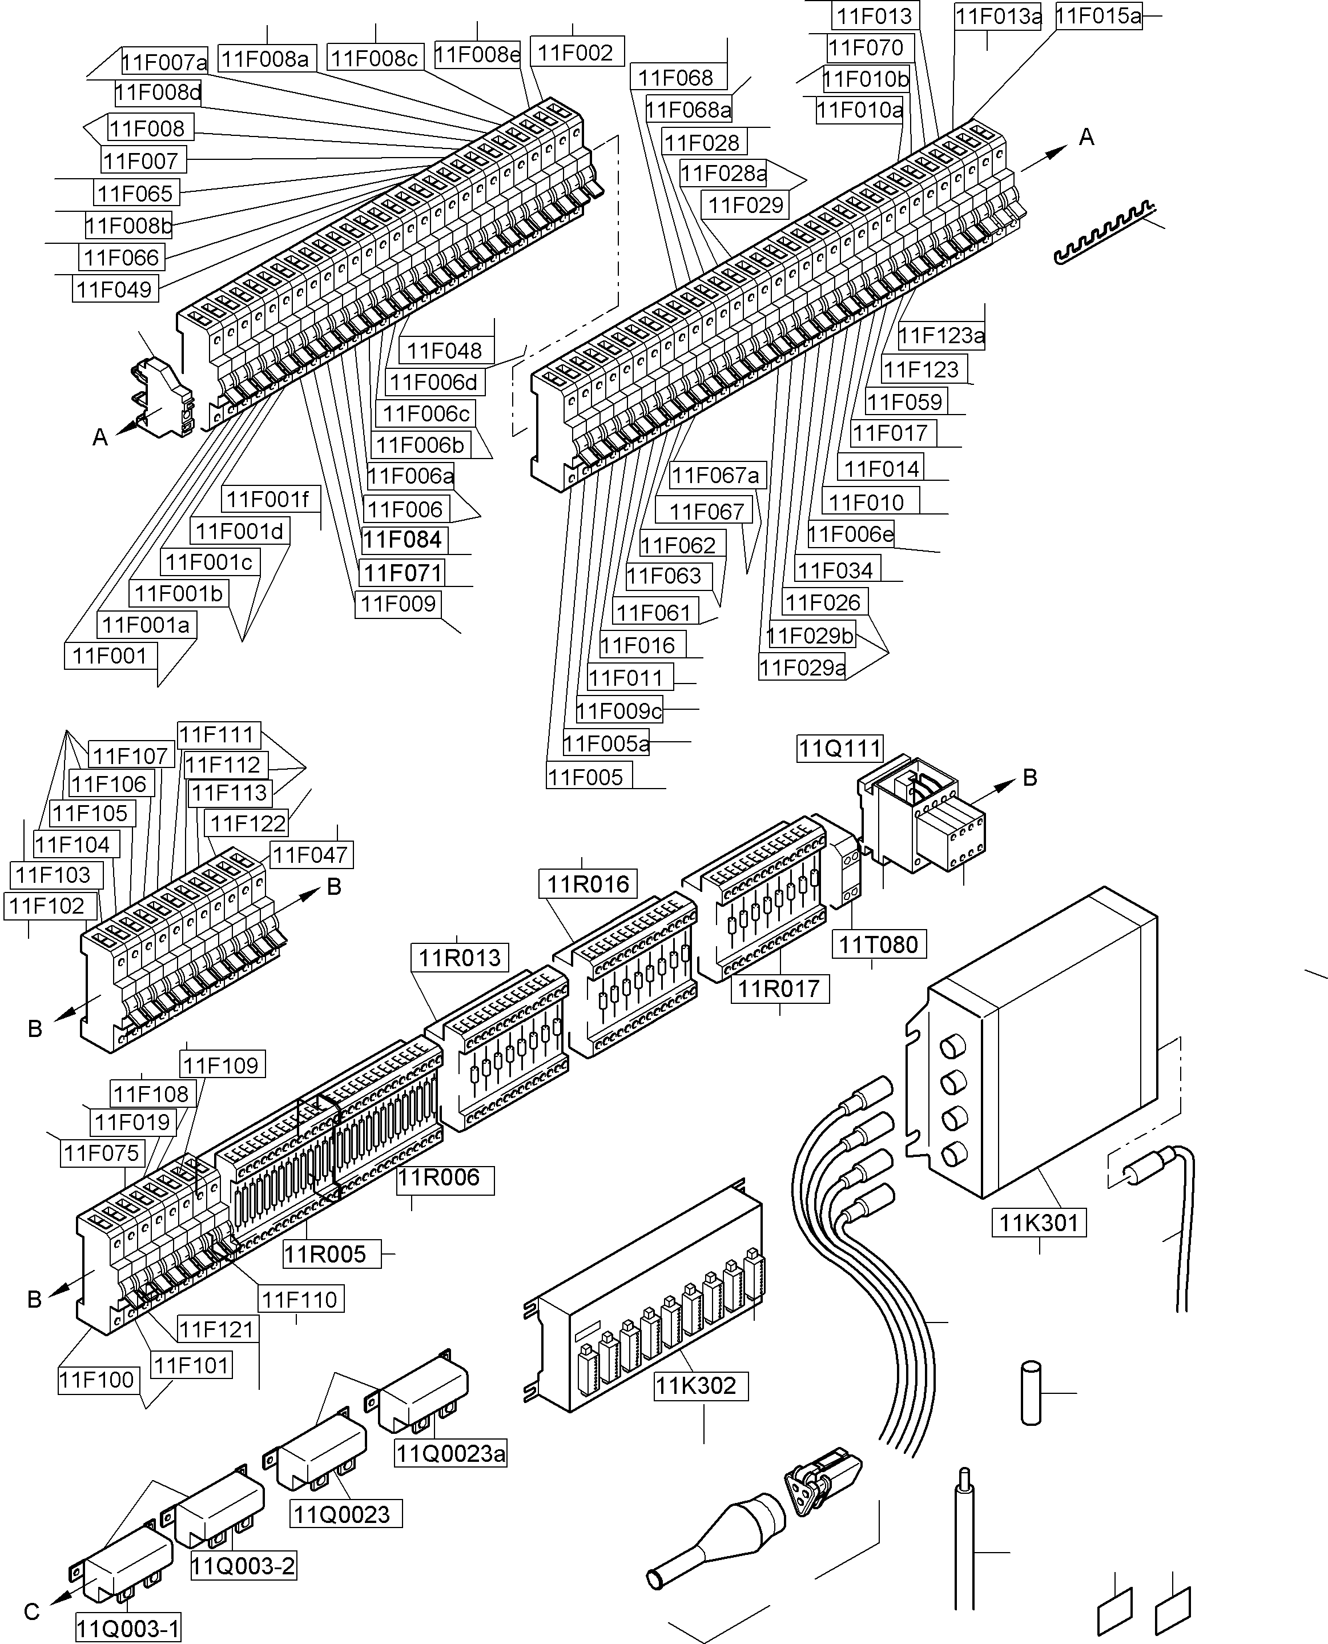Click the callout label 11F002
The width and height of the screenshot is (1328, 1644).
click(x=576, y=53)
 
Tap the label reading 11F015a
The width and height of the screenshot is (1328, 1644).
click(x=1098, y=15)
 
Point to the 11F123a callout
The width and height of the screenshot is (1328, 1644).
click(x=941, y=335)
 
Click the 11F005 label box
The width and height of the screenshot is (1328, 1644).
click(x=586, y=777)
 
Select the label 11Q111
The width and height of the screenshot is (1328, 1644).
click(x=840, y=748)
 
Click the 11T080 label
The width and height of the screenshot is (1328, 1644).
click(x=878, y=945)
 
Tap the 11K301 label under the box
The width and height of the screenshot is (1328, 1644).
click(x=1038, y=1223)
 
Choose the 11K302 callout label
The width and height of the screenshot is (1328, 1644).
click(x=695, y=1385)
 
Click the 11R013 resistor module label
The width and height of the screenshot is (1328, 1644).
click(x=460, y=957)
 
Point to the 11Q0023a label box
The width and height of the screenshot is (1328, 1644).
click(x=450, y=1453)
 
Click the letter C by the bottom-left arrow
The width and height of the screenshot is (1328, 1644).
click(x=31, y=1612)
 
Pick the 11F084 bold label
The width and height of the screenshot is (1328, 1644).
click(x=403, y=540)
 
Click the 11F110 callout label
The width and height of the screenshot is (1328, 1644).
click(x=299, y=1299)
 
